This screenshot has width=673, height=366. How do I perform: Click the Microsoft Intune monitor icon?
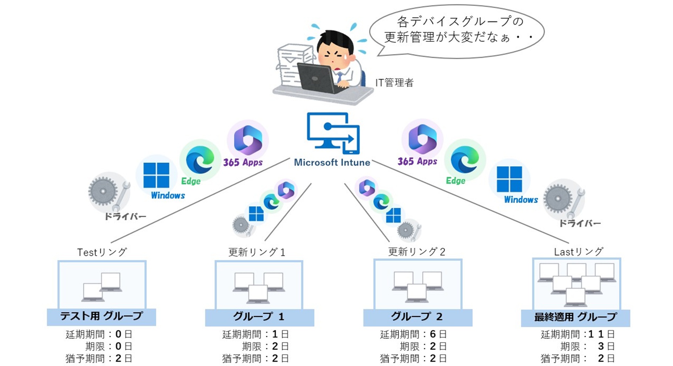click(333, 133)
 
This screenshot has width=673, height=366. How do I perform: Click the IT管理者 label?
click(394, 83)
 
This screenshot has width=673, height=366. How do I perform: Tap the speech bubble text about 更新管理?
click(456, 29)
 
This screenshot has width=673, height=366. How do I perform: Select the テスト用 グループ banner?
click(101, 317)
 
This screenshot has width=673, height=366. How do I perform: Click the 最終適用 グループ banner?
click(575, 317)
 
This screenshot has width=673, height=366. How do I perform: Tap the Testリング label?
click(102, 252)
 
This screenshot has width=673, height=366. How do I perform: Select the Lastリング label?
click(578, 251)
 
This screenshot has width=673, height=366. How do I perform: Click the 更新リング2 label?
click(416, 251)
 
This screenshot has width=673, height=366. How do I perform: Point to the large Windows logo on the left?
click(156, 175)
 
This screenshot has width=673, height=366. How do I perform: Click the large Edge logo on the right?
click(465, 160)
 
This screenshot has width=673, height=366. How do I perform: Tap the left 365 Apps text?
click(243, 163)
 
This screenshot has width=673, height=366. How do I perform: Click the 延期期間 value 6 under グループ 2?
click(433, 334)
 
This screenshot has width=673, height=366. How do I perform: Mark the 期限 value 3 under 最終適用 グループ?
click(601, 346)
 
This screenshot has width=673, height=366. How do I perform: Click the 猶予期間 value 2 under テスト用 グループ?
click(118, 358)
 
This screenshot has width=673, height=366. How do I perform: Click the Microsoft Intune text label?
click(332, 163)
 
